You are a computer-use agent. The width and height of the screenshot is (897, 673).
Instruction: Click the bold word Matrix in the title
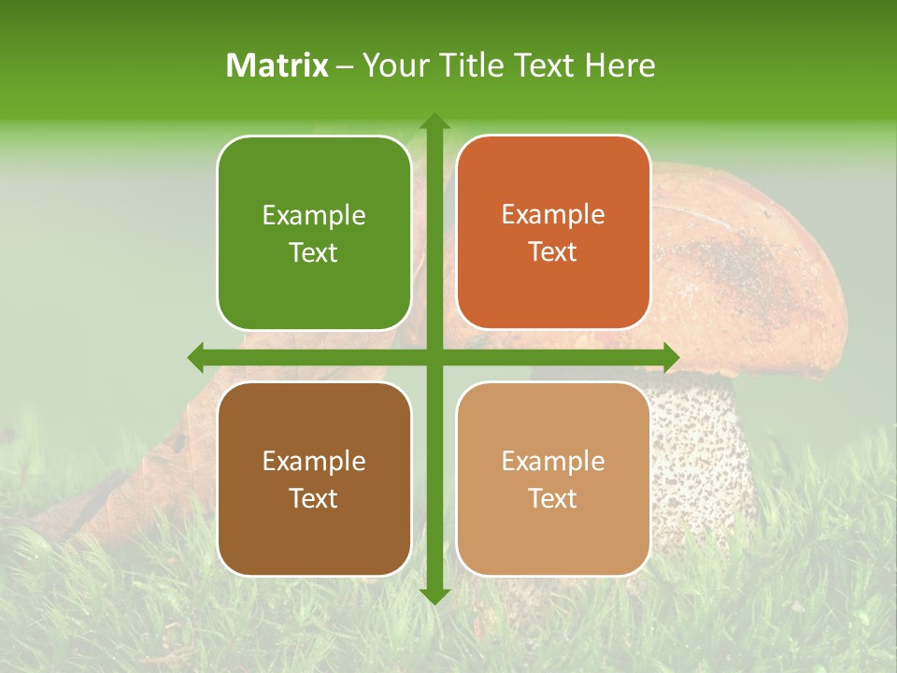278,65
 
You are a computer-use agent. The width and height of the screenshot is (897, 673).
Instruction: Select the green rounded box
314,233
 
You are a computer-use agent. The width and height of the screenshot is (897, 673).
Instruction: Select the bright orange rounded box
553,233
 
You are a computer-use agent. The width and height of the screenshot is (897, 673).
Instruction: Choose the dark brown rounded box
314,479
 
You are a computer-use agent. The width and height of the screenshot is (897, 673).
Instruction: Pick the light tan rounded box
553,479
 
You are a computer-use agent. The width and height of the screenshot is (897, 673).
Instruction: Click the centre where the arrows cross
434,357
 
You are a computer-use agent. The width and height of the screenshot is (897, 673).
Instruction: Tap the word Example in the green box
314,216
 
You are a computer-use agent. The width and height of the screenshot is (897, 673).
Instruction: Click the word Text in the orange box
553,252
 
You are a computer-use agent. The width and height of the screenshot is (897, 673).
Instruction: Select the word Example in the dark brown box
314,461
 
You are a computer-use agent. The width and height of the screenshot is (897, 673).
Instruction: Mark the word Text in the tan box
553,498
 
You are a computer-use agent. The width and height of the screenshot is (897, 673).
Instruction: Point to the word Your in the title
391,65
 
